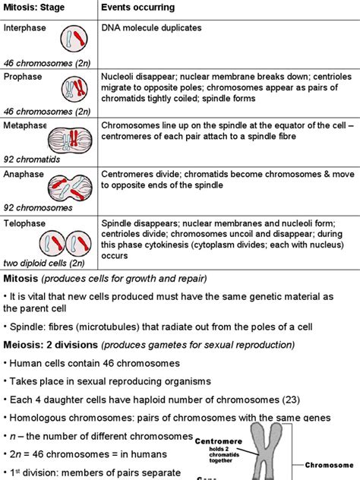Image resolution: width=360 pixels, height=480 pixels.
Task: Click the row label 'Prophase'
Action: point(23,77)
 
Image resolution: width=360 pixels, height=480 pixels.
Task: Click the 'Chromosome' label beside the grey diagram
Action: point(331,465)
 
